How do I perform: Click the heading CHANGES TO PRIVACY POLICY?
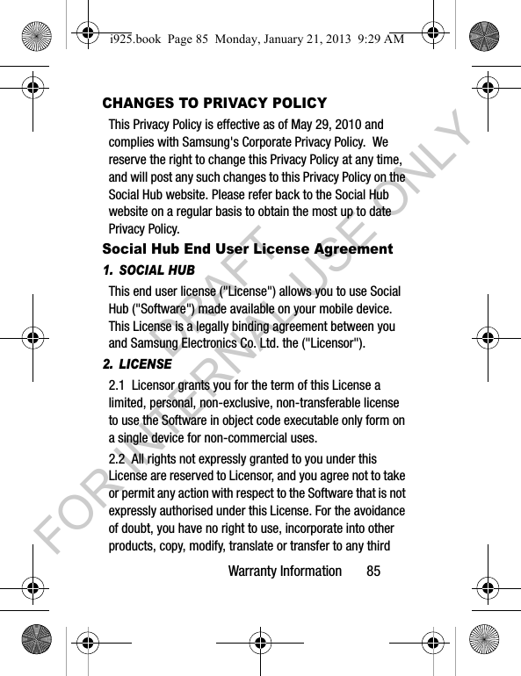point(214,103)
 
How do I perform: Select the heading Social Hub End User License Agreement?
point(248,249)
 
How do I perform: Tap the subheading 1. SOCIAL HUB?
point(148,270)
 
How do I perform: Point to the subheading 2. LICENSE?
point(137,364)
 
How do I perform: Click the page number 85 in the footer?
point(374,572)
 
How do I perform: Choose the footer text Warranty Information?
point(285,572)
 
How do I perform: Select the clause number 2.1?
point(117,386)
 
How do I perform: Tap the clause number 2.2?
point(117,459)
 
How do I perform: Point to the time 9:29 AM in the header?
point(373,40)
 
